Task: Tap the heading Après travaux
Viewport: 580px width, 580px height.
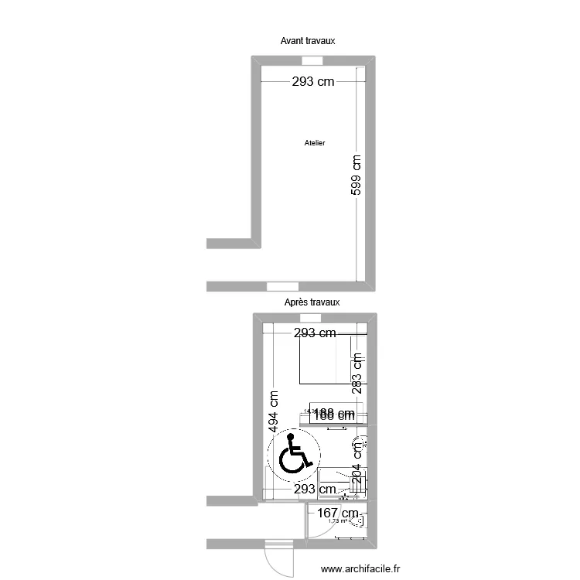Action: [312, 302]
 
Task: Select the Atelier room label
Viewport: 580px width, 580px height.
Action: [315, 143]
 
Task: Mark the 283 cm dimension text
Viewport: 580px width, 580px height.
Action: [357, 374]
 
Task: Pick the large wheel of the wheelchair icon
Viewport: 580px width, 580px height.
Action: [291, 461]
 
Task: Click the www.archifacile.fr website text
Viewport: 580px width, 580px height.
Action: [361, 568]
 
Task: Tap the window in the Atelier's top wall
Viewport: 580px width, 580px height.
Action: [312, 61]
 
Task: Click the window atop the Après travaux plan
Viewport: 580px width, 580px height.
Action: [312, 318]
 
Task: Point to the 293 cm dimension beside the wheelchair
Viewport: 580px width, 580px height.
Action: [312, 489]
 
